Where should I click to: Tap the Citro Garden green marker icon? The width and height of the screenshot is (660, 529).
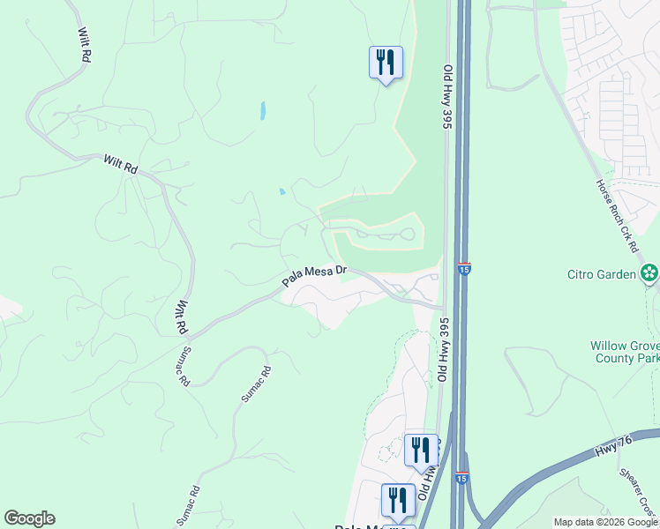pyautogui.click(x=649, y=273)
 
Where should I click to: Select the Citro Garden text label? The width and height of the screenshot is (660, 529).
pyautogui.click(x=602, y=274)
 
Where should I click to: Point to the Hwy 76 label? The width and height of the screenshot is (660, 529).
pyautogui.click(x=608, y=451)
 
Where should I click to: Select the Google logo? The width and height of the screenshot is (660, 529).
pyautogui.click(x=29, y=518)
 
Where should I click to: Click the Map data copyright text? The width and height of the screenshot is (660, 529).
pyautogui.click(x=606, y=522)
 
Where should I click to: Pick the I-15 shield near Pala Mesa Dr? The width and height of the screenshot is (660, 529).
pyautogui.click(x=464, y=267)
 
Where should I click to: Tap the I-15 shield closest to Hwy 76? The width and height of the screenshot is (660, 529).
pyautogui.click(x=461, y=477)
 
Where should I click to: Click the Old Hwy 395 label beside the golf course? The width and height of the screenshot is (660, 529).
pyautogui.click(x=447, y=97)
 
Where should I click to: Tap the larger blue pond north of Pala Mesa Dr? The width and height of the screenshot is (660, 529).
pyautogui.click(x=262, y=111)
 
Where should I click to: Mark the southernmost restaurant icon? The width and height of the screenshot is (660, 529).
pyautogui.click(x=398, y=500)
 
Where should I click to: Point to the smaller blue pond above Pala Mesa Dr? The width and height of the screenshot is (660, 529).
pyautogui.click(x=281, y=191)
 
